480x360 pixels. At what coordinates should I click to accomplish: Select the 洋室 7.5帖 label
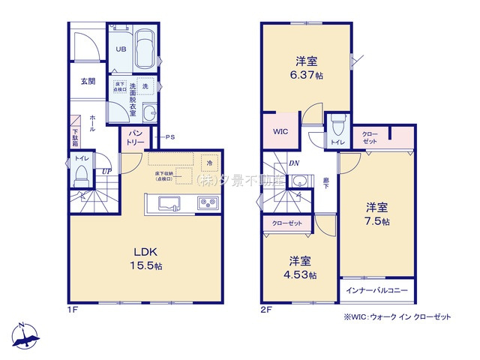[x=377, y=214]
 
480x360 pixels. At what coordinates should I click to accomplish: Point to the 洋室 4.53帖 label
[x=302, y=268]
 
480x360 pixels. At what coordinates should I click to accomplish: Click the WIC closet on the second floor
[x=280, y=131]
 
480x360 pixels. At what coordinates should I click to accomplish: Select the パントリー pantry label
[x=133, y=137]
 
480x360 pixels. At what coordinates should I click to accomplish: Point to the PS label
[x=170, y=136]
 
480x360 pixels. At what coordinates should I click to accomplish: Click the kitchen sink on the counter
[x=167, y=202]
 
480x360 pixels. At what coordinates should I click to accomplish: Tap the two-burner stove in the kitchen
[x=207, y=202]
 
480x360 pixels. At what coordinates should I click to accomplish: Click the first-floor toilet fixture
[x=82, y=173]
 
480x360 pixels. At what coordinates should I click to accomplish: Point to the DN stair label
[x=294, y=163]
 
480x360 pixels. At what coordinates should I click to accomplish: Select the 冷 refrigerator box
[x=209, y=162]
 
